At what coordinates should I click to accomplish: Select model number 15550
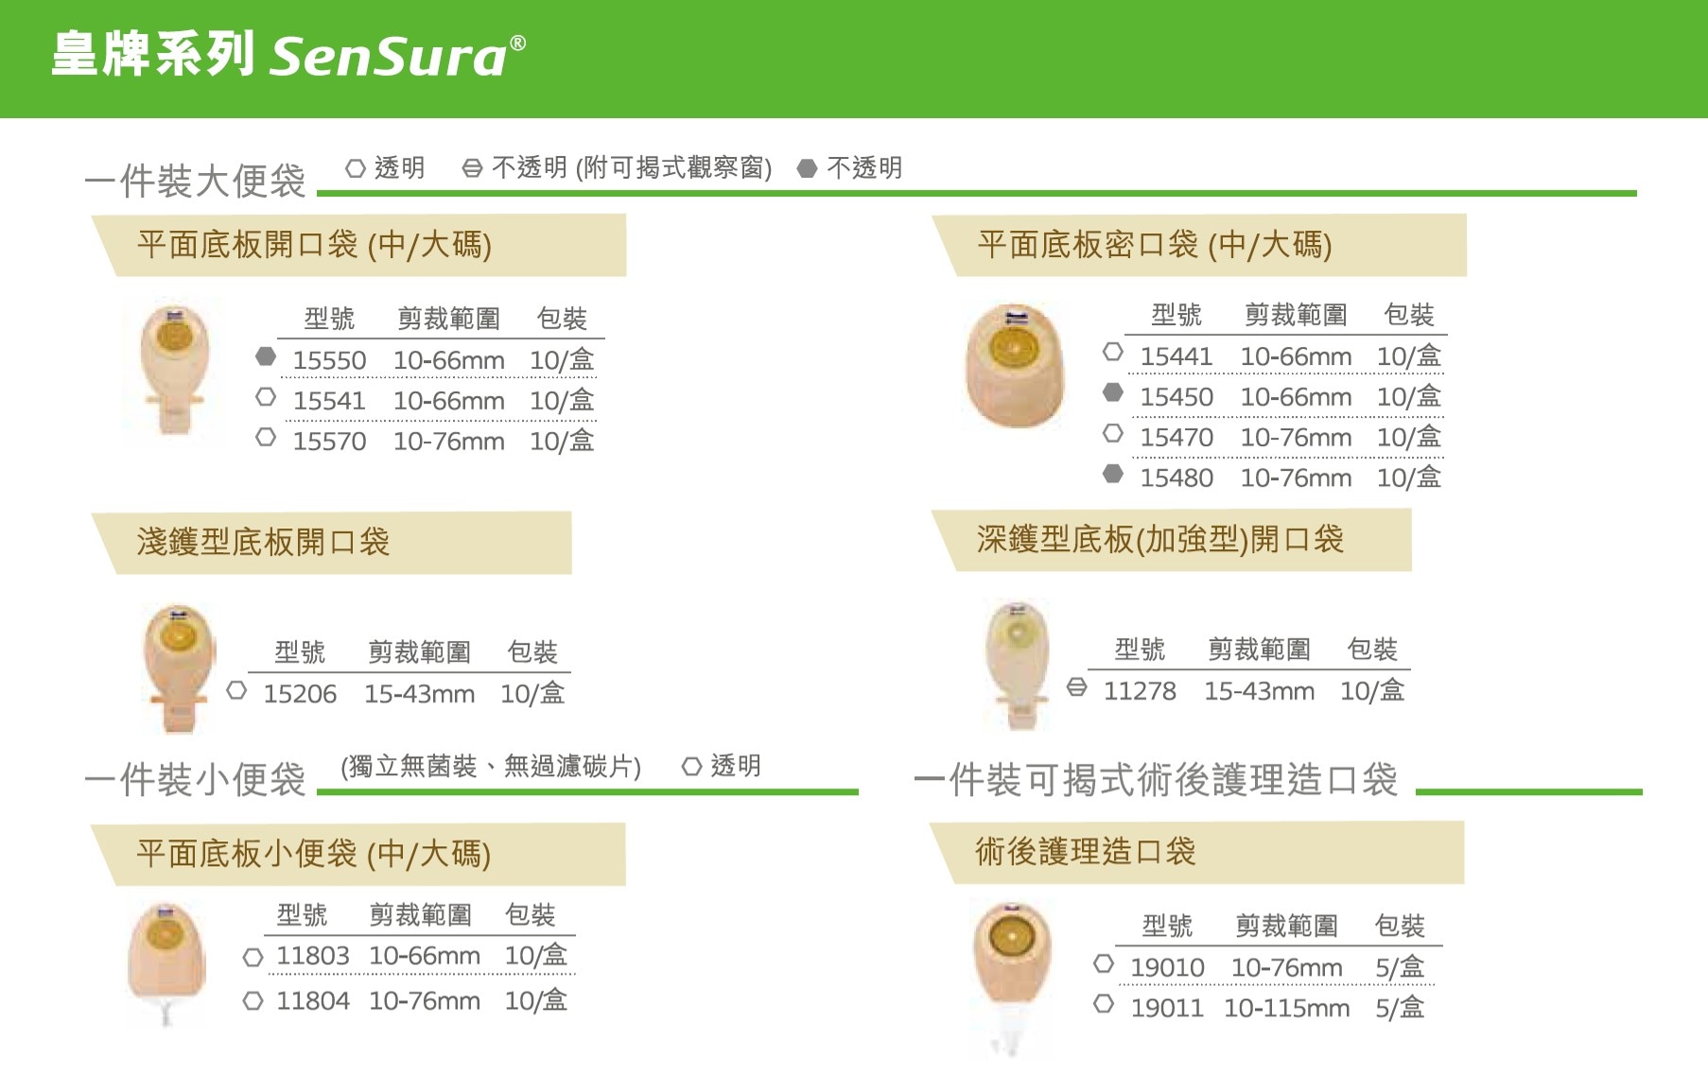[329, 360]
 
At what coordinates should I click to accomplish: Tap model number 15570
[329, 441]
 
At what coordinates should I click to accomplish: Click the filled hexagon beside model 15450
[1113, 392]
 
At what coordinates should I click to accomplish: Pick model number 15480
[1176, 478]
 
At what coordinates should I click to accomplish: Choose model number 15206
[300, 694]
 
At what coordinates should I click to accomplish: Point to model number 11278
[1140, 691]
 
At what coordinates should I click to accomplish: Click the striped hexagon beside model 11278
[1076, 687]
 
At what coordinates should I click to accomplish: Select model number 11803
[313, 956]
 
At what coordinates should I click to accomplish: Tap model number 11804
[313, 1000]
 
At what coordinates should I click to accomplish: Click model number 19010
[1167, 968]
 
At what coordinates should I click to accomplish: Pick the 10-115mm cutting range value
[1286, 1009]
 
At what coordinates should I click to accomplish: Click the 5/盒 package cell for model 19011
[1400, 1008]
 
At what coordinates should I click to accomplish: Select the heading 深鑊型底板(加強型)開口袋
[1160, 540]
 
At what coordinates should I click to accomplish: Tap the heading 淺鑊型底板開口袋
[263, 542]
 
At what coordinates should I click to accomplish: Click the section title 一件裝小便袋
[195, 780]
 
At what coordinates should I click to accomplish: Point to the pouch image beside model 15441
[1015, 366]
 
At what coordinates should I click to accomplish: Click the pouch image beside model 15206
[179, 668]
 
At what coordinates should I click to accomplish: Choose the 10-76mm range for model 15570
[448, 441]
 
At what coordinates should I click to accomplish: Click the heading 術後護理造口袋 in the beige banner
[1086, 852]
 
